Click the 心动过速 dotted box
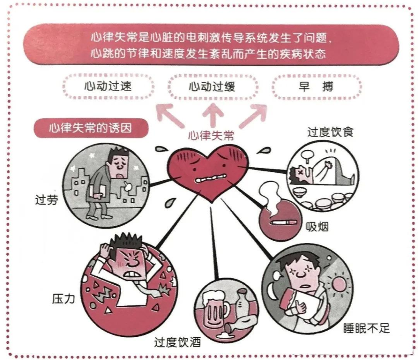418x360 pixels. point(108,87)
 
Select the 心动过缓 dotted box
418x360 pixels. point(212,87)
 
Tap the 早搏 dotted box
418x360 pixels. point(316,87)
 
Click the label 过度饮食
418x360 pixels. point(330,132)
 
